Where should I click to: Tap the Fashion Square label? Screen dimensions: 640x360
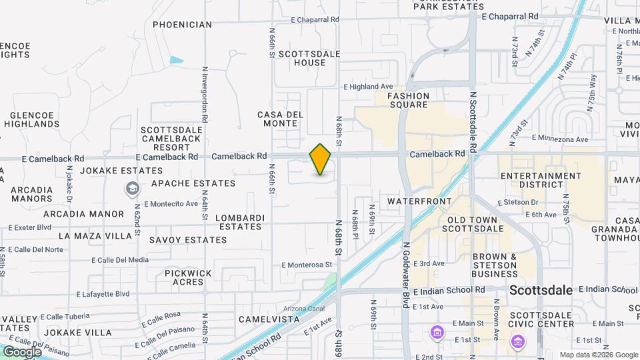pyautogui.click(x=409, y=100)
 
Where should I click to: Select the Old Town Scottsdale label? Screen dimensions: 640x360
pyautogui.click(x=475, y=224)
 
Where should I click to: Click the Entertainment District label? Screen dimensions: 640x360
pyautogui.click(x=541, y=180)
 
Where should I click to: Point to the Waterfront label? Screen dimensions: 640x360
pyautogui.click(x=419, y=201)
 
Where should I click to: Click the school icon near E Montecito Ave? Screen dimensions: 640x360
pyautogui.click(x=132, y=189)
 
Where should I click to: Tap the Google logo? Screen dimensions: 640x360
pyautogui.click(x=22, y=351)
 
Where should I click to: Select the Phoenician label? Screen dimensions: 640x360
pyautogui.click(x=182, y=25)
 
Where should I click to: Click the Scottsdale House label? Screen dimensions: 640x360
pyautogui.click(x=310, y=58)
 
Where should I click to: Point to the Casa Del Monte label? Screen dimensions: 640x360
pyautogui.click(x=280, y=119)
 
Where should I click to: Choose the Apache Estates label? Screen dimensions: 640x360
pyautogui.click(x=193, y=183)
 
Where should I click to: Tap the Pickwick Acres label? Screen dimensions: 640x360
pyautogui.click(x=188, y=277)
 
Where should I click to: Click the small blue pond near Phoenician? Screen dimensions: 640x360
pyautogui.click(x=176, y=60)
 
